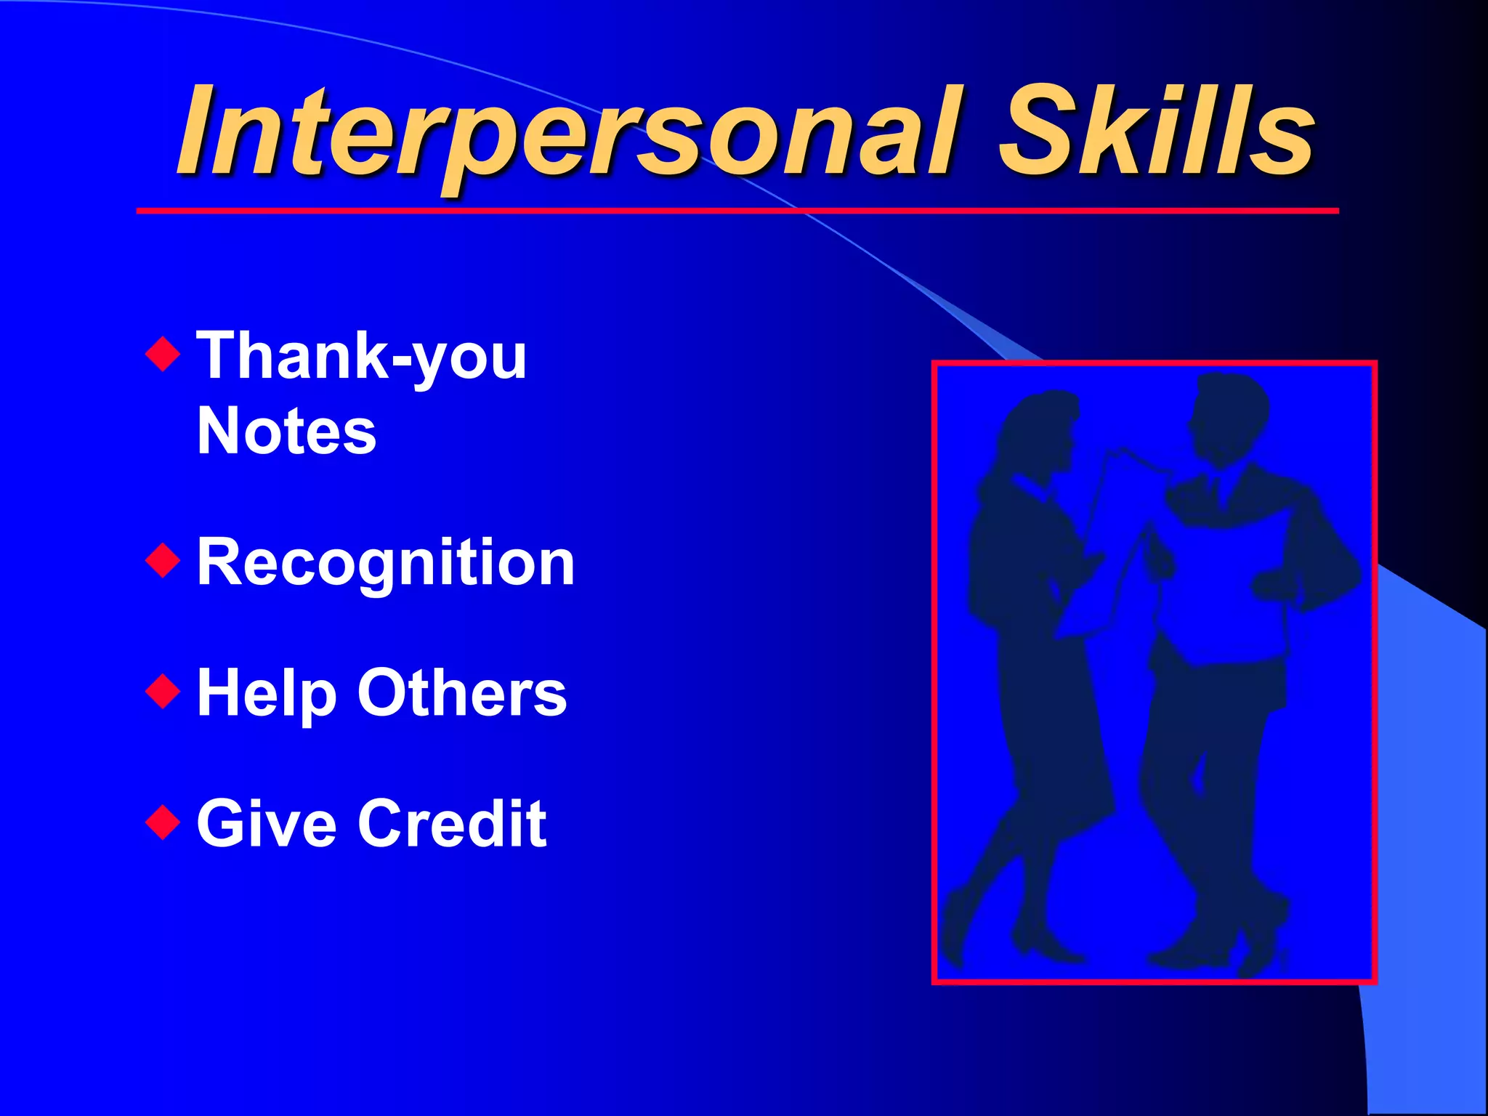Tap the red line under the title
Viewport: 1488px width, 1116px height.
tap(737, 211)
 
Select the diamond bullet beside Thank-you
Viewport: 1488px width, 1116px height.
tap(163, 354)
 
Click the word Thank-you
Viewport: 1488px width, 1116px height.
tap(361, 356)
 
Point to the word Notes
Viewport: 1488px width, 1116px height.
tap(286, 432)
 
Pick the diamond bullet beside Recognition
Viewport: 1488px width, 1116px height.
tap(163, 560)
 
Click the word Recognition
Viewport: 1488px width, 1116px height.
tap(386, 563)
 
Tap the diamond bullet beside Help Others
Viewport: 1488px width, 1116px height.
tap(163, 691)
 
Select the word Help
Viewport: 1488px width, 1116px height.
tap(266, 694)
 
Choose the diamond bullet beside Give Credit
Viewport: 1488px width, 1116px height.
tap(163, 822)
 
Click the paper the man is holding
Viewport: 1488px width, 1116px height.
tap(1221, 581)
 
